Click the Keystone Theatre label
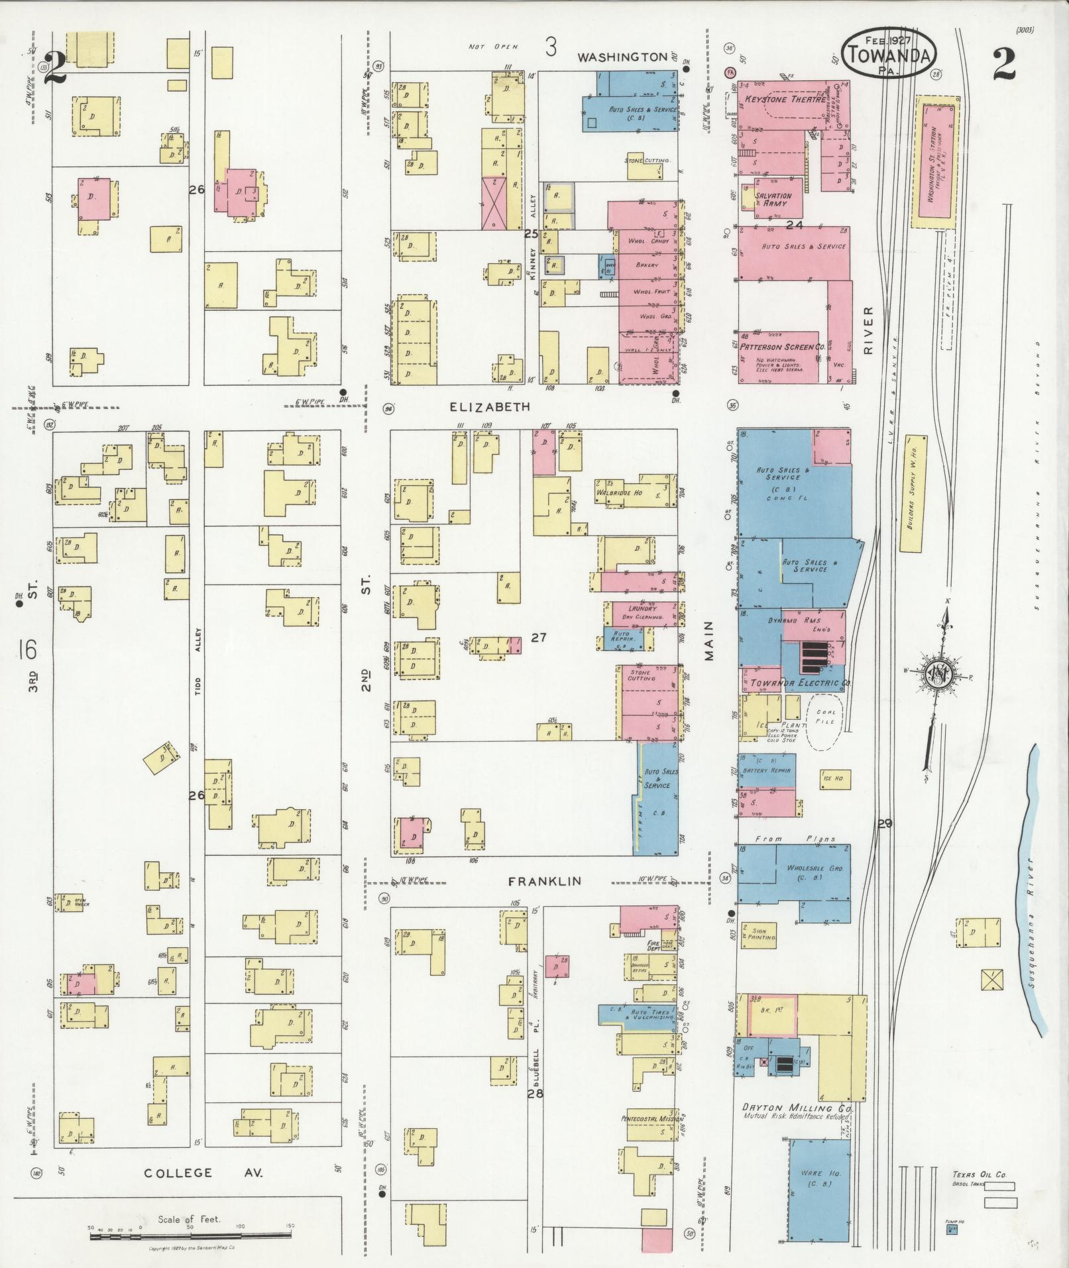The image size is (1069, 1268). (785, 99)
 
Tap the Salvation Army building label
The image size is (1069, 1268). (774, 200)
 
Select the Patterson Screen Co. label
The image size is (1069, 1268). (782, 347)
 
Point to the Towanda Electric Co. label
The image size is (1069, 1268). (791, 683)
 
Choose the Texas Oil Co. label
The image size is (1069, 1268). (980, 1175)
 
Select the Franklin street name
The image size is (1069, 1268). (544, 881)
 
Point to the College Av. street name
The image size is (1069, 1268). (203, 1173)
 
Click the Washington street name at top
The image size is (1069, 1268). (622, 57)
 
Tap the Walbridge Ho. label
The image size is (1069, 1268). (620, 492)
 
